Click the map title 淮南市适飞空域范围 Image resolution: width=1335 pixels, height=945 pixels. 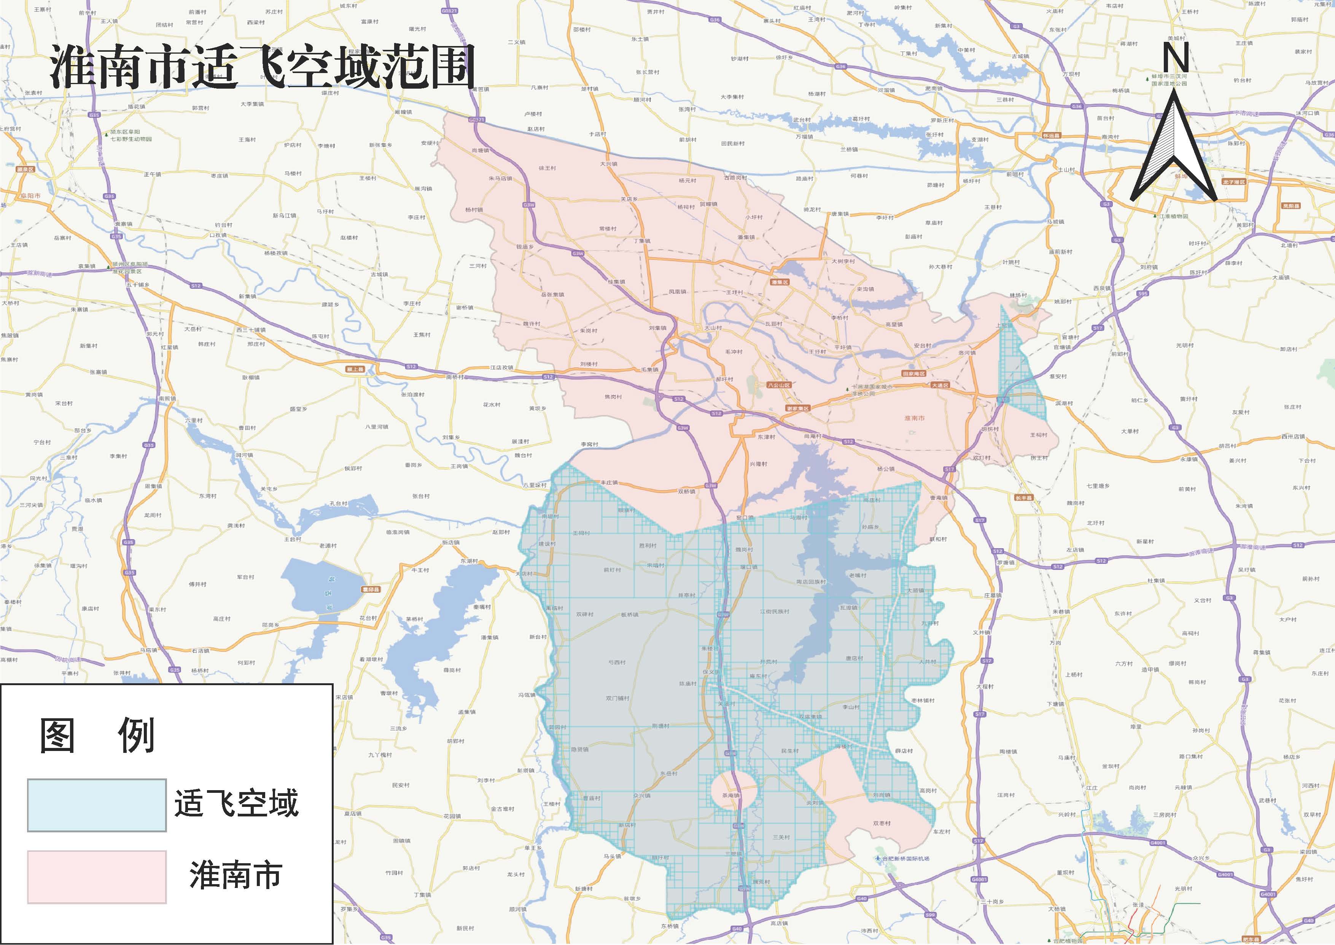[x=262, y=68]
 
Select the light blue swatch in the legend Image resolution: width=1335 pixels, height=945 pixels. [x=97, y=805]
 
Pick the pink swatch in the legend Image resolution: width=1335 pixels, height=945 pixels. [x=97, y=877]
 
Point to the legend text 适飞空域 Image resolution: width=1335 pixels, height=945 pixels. [x=236, y=803]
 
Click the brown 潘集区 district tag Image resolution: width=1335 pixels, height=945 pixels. [x=779, y=282]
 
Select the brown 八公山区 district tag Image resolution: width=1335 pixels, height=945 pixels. [x=779, y=385]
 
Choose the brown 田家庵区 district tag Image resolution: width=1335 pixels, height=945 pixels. [x=914, y=374]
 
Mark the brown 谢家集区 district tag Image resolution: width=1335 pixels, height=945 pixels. [x=798, y=409]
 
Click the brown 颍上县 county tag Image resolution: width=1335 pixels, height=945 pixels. [x=355, y=369]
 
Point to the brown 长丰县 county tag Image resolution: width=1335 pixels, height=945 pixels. [x=1023, y=498]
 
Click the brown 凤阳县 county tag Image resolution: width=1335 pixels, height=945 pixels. [x=1290, y=206]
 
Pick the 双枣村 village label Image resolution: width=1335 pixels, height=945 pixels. [x=882, y=823]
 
